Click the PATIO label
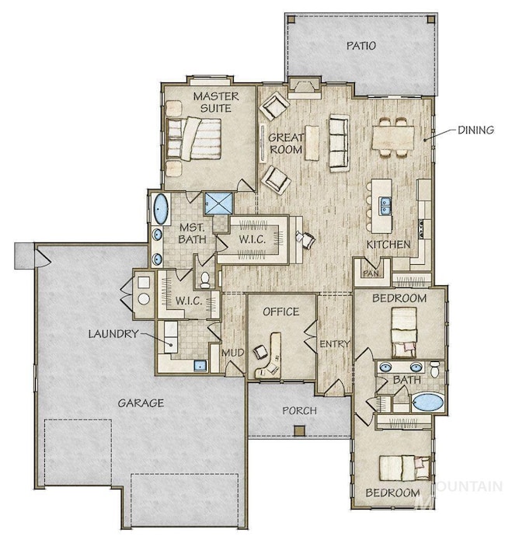click(x=361, y=46)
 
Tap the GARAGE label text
click(x=141, y=403)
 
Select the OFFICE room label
click(x=281, y=312)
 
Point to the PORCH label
click(x=300, y=411)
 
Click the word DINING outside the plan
click(x=476, y=131)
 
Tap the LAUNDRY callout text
click(x=113, y=334)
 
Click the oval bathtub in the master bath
click(x=161, y=209)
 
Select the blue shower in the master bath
click(x=218, y=204)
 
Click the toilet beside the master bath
click(x=205, y=280)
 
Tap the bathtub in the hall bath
click(x=428, y=402)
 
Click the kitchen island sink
click(x=385, y=205)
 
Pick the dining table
click(x=393, y=137)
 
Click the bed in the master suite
click(x=193, y=138)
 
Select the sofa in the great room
click(x=339, y=143)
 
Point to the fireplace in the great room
click(x=304, y=88)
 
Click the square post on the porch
click(x=299, y=430)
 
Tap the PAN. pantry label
click(x=371, y=273)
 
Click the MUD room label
click(x=233, y=353)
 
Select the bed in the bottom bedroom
click(x=405, y=468)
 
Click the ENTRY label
click(x=334, y=344)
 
